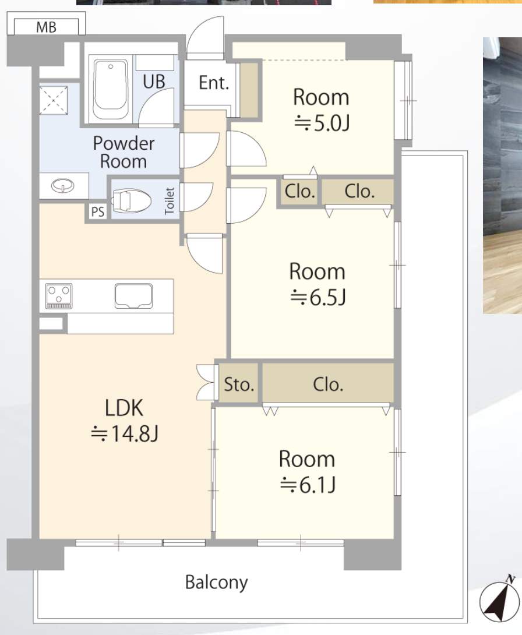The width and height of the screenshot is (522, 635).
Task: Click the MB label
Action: [x=46, y=27]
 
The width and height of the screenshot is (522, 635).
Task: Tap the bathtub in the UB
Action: [x=110, y=89]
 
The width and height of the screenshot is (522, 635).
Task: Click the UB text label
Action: [x=154, y=82]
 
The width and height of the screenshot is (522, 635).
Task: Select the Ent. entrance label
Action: [x=213, y=83]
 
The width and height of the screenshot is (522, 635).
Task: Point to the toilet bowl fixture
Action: [x=131, y=200]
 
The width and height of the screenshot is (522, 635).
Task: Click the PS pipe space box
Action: [x=98, y=211]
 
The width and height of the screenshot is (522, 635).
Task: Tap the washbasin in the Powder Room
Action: [x=63, y=186]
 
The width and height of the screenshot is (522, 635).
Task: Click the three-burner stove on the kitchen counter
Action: [x=59, y=295]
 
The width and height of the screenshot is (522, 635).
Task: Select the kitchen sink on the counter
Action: [x=133, y=295]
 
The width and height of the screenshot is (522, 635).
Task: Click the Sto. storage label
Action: [x=239, y=384]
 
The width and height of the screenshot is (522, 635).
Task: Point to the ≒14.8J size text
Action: [x=124, y=433]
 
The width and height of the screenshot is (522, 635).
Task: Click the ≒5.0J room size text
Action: [x=322, y=123]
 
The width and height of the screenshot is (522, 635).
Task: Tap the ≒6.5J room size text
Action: [x=318, y=297]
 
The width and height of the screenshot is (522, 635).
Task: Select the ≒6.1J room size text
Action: [x=308, y=484]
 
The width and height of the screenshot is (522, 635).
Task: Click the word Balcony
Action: [x=216, y=583]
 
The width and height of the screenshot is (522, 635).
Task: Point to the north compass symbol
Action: [x=500, y=599]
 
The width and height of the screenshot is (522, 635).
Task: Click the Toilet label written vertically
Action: [x=170, y=200]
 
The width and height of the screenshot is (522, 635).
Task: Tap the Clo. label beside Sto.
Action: [x=328, y=384]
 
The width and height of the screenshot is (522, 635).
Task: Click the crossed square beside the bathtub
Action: [x=53, y=100]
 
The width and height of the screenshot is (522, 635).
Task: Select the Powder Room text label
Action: [x=124, y=152]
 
